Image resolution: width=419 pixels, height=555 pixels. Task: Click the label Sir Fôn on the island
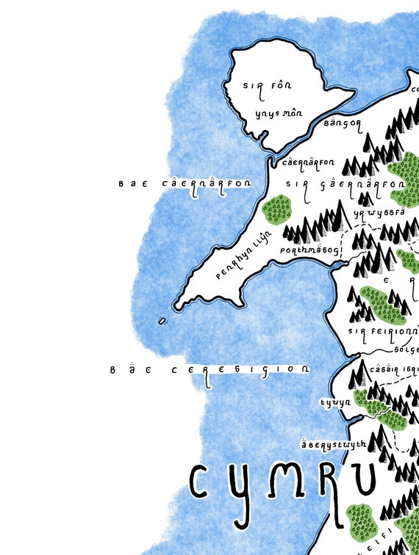pos(262,86)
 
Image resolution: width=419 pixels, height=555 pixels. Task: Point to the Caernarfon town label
pos(307,163)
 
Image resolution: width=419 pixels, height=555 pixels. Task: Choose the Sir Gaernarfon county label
pos(345,184)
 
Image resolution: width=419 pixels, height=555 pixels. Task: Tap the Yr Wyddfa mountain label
pos(379,213)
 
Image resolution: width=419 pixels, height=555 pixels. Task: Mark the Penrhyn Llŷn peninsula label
pos(240,264)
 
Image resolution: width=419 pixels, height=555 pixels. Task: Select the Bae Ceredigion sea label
pos(209,371)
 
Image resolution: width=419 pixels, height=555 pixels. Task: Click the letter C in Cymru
pos(204,481)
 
